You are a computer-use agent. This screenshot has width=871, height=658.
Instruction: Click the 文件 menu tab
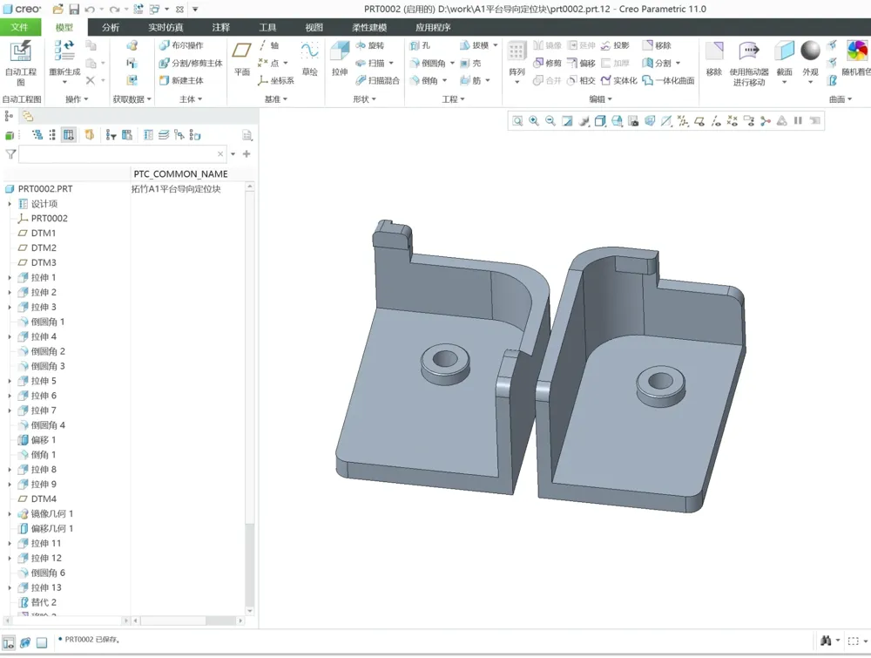(x=19, y=27)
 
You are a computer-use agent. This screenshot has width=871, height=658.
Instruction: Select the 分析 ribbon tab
(x=111, y=27)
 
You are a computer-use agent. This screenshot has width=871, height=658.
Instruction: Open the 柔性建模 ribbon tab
(x=368, y=27)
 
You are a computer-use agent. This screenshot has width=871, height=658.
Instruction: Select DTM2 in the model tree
(x=44, y=248)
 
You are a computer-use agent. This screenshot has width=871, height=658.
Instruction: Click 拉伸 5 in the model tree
(x=44, y=381)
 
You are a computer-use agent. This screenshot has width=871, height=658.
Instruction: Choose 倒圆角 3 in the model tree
(x=48, y=366)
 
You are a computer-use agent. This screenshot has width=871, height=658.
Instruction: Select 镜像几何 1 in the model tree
(x=52, y=513)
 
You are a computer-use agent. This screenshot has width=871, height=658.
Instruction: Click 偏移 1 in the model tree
(x=44, y=440)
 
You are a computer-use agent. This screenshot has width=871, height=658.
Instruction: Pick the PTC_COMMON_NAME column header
(x=180, y=173)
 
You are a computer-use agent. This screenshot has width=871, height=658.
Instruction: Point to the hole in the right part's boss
(x=658, y=380)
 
